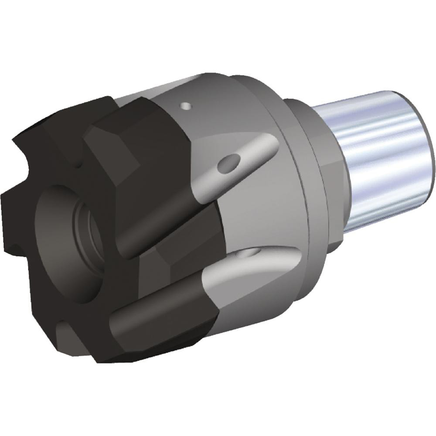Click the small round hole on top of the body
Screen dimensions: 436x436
[187, 106]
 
